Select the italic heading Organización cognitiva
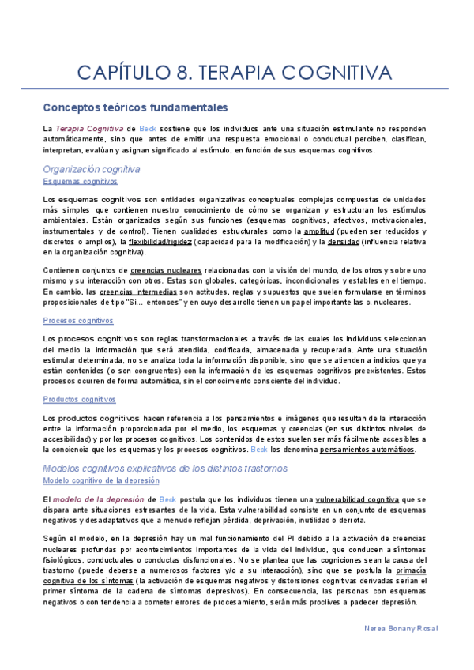point(92,169)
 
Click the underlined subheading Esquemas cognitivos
point(80,181)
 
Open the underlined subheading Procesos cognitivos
point(78,321)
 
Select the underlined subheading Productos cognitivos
point(80,400)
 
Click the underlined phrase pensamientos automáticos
point(367,450)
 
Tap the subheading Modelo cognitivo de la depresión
point(101,480)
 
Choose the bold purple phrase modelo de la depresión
point(99,499)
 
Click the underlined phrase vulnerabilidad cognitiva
point(357,499)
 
